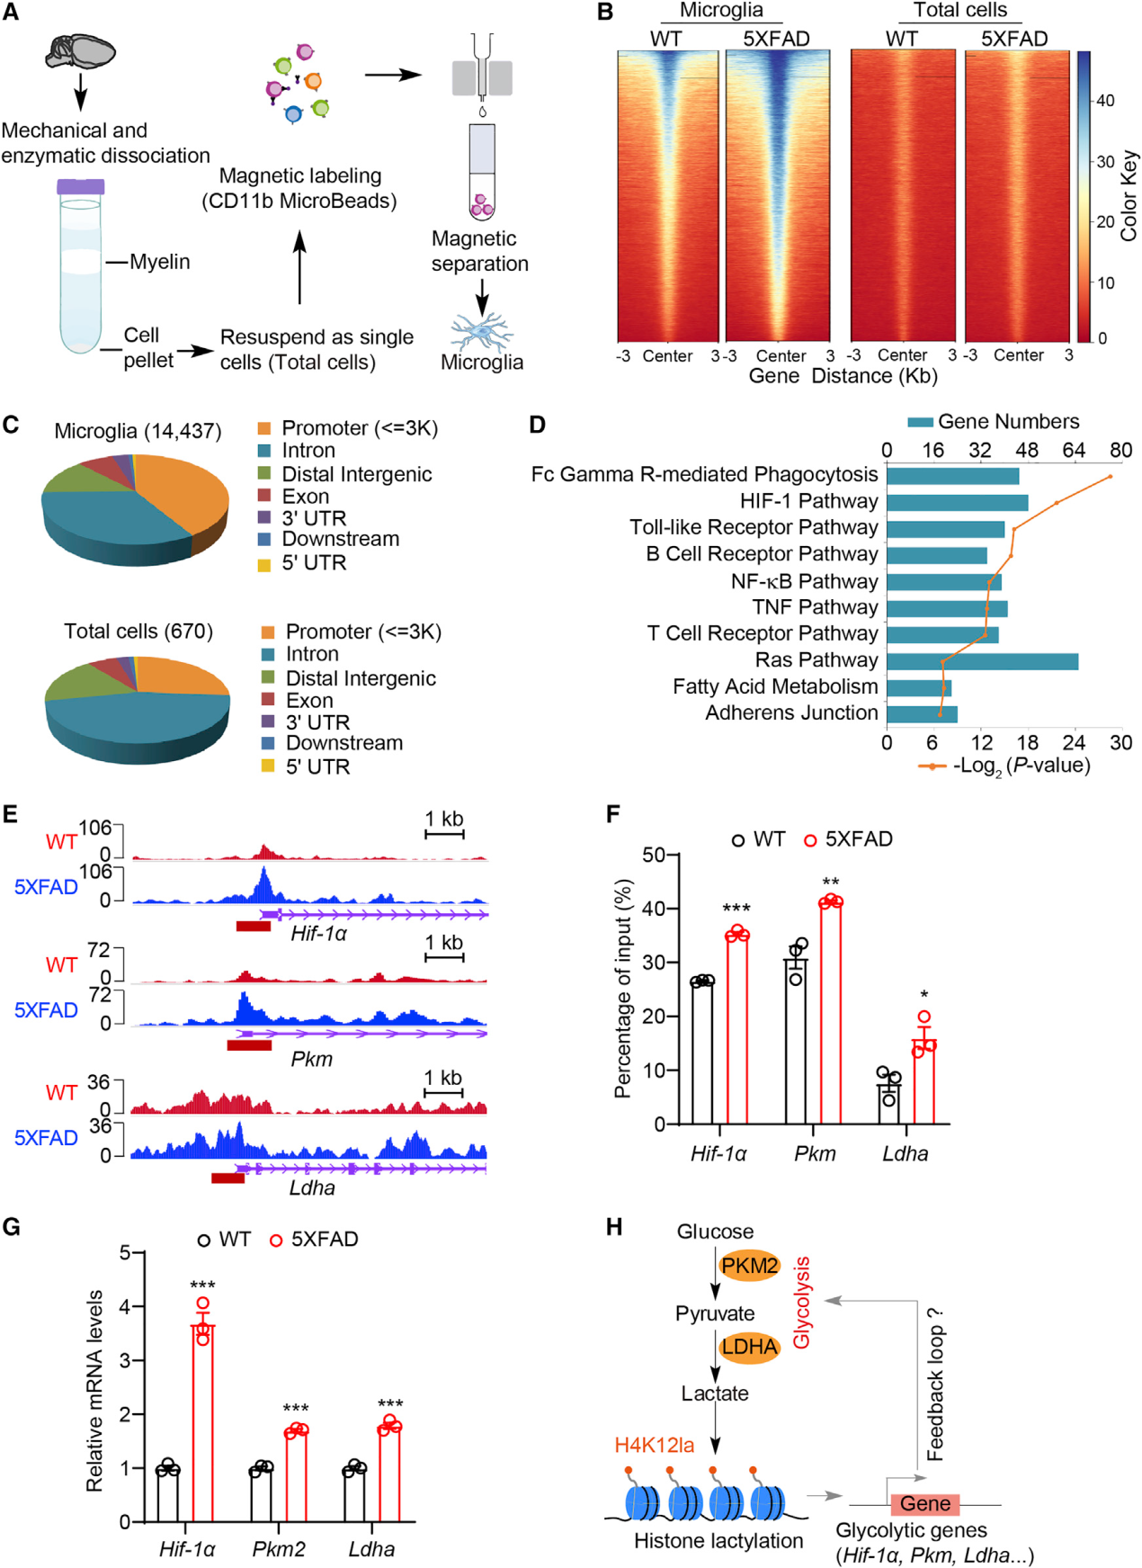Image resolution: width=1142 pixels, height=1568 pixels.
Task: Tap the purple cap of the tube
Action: pos(81,187)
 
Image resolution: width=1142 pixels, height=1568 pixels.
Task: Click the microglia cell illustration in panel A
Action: pos(482,332)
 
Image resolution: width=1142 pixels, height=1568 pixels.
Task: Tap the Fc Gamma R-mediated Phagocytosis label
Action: pos(704,474)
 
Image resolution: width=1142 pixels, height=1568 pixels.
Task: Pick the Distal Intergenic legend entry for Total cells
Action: pos(360,678)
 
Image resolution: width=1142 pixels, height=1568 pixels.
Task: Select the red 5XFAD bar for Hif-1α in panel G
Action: pos(203,1421)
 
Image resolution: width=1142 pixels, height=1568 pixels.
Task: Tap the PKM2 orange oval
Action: pos(749,1266)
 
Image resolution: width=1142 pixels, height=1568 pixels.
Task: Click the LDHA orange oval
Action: pos(749,1347)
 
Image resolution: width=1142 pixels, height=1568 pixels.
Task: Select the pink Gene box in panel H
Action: pos(924,1503)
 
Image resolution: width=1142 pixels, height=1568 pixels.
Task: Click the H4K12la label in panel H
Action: pos(654,1445)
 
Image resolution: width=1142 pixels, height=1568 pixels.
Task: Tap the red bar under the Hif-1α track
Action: pos(253,926)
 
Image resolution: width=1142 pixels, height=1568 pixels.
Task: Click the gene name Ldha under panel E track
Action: pos(312,1187)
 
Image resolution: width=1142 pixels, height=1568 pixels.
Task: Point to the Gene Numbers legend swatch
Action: pos(920,422)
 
